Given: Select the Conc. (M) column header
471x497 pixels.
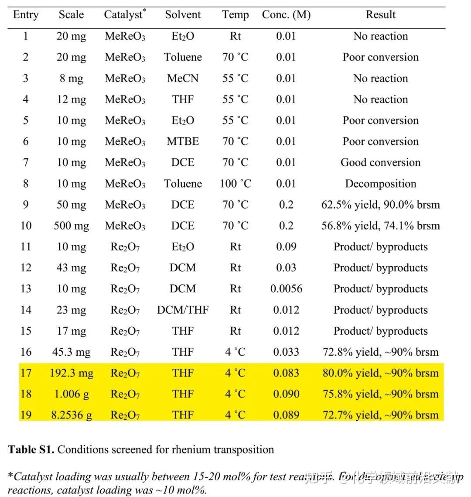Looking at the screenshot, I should [286, 15].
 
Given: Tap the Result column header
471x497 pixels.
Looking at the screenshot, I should [380, 15].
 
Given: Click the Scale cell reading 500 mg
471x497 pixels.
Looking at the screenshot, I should [71, 226].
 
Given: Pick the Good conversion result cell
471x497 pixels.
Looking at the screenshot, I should [380, 162].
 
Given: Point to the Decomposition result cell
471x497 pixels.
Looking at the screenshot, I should [380, 184].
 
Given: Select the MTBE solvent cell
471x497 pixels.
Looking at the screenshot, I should [183, 141].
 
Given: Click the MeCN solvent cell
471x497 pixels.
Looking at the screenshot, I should [183, 79].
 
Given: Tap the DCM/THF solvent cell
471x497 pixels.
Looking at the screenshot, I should [183, 310].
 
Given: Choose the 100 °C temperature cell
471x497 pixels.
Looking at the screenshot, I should [235, 184].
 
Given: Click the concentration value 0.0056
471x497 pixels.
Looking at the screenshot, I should [286, 289].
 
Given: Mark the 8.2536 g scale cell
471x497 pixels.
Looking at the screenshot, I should [71, 415].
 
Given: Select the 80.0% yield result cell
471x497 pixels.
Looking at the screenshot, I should [380, 373].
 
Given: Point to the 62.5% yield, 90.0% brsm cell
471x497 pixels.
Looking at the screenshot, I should [380, 205].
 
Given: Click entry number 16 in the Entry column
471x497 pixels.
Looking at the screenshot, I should [26, 352].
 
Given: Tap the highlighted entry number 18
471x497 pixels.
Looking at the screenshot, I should [26, 394].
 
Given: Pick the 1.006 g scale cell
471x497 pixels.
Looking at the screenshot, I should [71, 394].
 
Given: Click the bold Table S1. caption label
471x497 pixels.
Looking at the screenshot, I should [31, 449].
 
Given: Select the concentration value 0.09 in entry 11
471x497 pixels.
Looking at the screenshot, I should [286, 247].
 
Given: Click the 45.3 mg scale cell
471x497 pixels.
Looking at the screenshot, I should [71, 352].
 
